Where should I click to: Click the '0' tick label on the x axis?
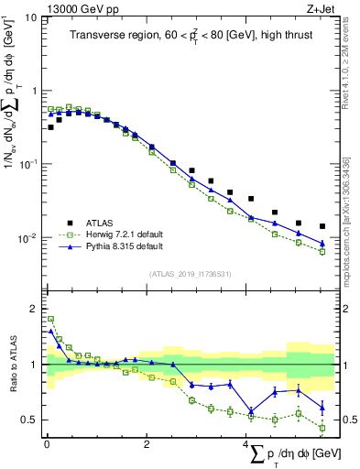pyautogui.click(x=47, y=444)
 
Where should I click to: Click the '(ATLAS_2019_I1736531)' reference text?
pyautogui.click(x=190, y=274)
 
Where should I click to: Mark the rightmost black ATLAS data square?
pyautogui.click(x=322, y=226)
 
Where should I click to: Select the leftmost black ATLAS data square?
pyautogui.click(x=50, y=127)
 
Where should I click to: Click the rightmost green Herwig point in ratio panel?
pyautogui.click(x=322, y=427)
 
